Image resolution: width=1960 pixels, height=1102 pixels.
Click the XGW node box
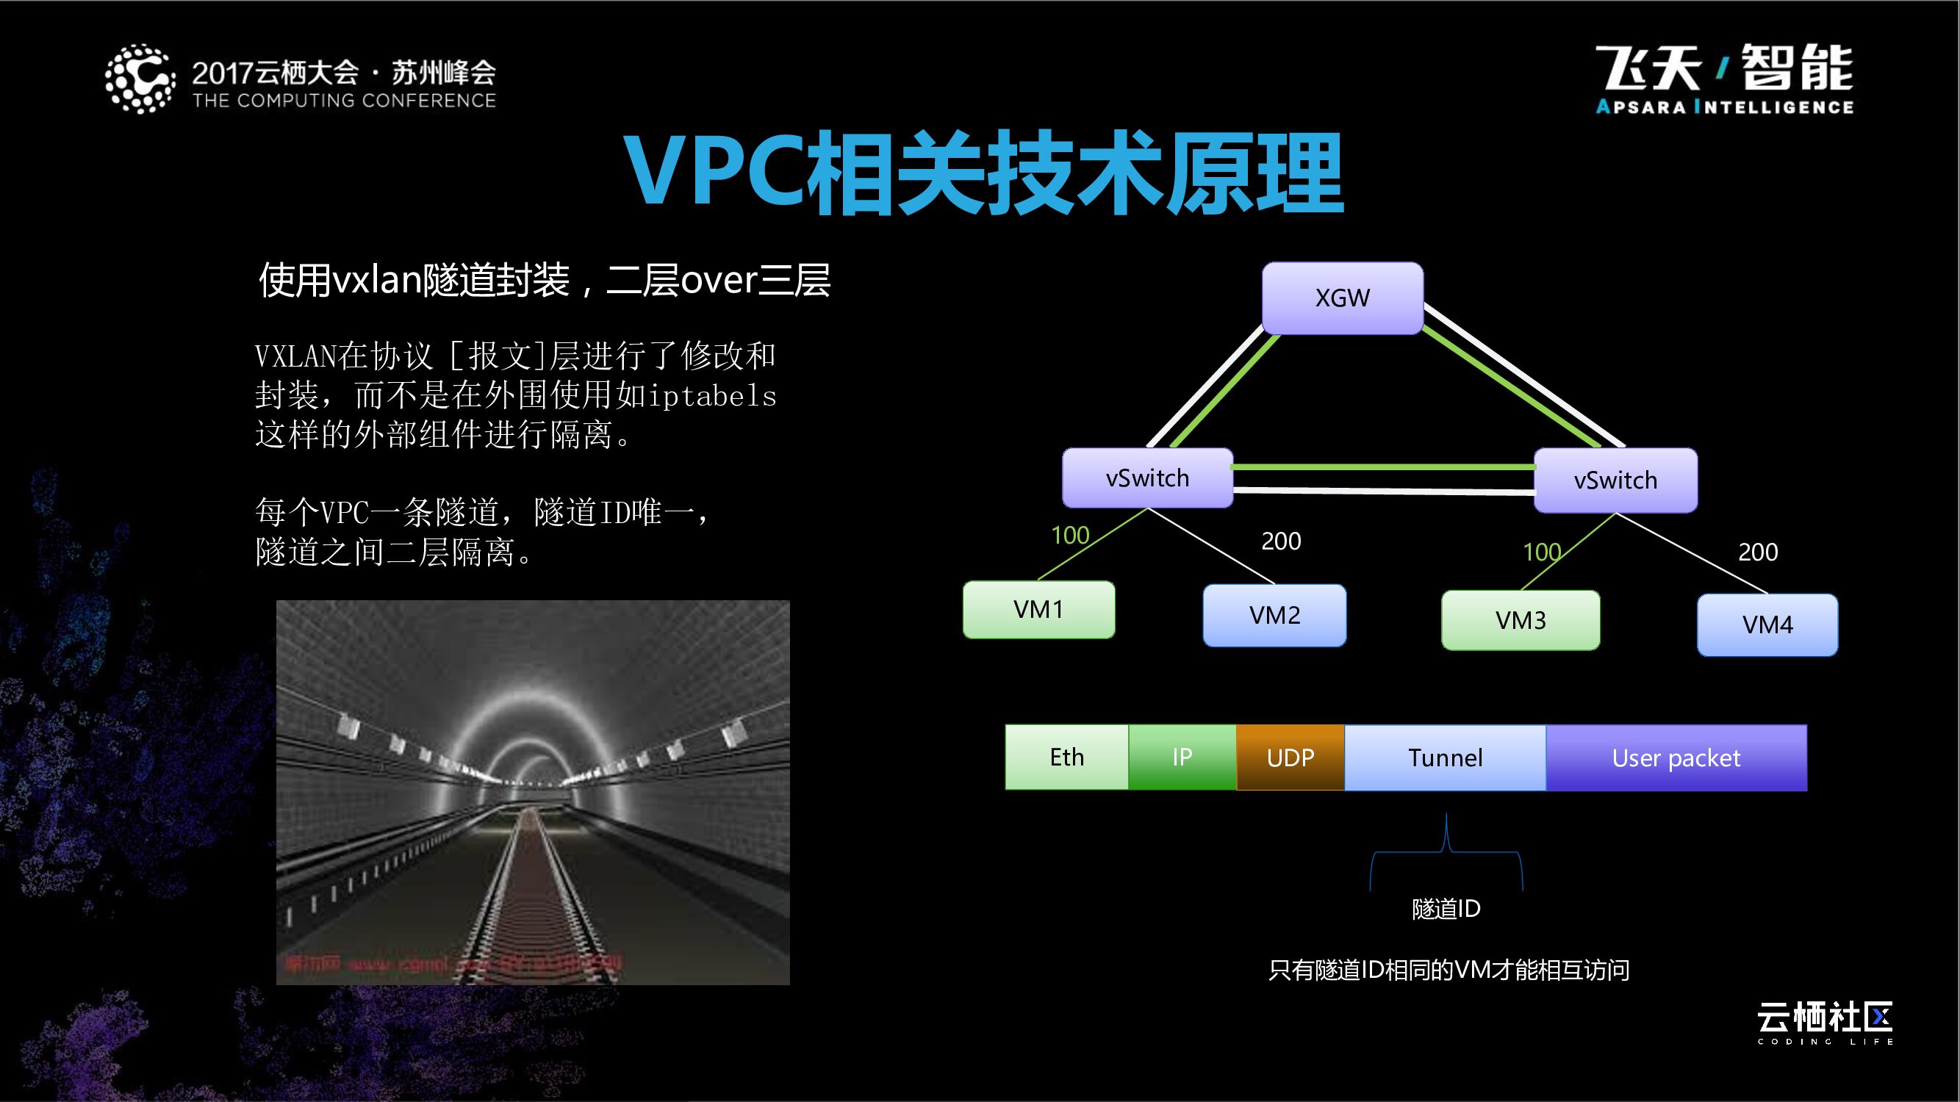[1342, 298]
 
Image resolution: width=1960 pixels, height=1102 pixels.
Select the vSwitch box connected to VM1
[1147, 478]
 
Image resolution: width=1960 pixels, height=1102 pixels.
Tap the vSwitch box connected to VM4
[1615, 480]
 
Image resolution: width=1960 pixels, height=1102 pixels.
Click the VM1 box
[1038, 610]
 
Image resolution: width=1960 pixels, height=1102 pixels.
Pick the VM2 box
[1274, 615]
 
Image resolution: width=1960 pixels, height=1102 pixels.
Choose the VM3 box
[1521, 621]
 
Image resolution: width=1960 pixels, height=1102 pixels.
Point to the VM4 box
[1767, 625]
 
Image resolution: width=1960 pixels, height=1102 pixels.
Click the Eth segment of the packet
[1067, 757]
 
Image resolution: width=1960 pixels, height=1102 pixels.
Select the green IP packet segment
[1182, 757]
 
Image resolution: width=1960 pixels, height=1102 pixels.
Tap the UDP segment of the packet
[1290, 757]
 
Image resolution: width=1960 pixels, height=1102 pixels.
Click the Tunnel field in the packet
[1445, 757]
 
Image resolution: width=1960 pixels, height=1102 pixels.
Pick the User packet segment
[1676, 757]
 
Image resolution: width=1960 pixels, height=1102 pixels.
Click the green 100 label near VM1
[1070, 536]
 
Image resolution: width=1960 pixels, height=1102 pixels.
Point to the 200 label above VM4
[1758, 552]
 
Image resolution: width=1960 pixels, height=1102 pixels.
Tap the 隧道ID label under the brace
[1446, 909]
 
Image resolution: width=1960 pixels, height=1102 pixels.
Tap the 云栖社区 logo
[1825, 1019]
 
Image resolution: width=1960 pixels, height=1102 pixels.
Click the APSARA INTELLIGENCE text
[1724, 107]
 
